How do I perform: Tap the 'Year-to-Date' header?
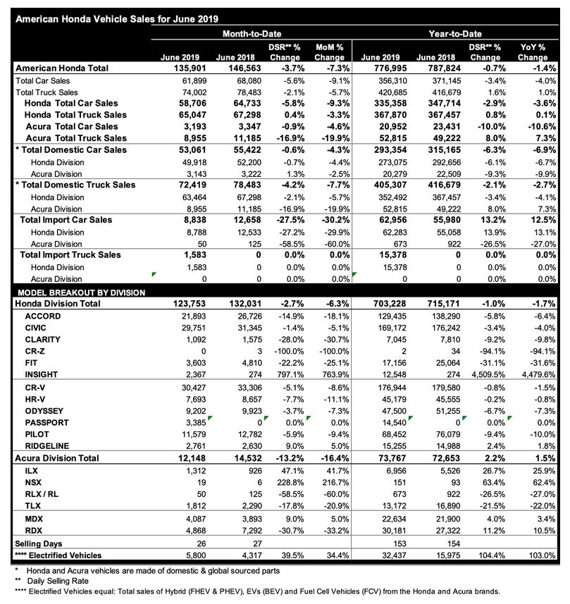(457, 34)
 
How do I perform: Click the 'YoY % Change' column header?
(533, 51)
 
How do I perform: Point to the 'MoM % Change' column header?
(329, 51)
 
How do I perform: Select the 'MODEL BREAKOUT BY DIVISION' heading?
(82, 292)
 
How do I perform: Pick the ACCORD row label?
(43, 315)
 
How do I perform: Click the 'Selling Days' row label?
(38, 544)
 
